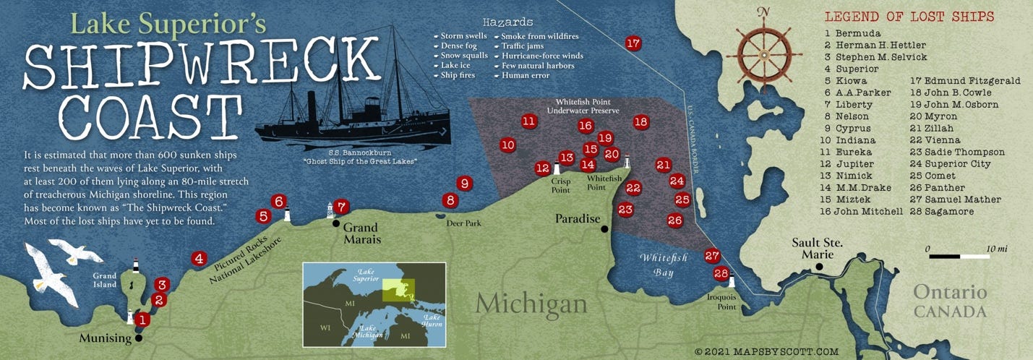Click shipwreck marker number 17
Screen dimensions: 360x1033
pyautogui.click(x=633, y=43)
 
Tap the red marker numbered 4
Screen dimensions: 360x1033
pyautogui.click(x=199, y=258)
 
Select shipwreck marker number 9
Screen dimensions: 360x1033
pyautogui.click(x=464, y=184)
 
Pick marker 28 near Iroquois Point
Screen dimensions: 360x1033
pyautogui.click(x=721, y=273)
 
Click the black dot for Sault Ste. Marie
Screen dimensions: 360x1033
pyautogui.click(x=819, y=267)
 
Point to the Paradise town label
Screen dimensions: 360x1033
pyautogui.click(x=578, y=218)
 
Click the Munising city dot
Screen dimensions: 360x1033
pyautogui.click(x=138, y=338)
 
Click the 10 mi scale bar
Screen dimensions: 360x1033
pyautogui.click(x=959, y=255)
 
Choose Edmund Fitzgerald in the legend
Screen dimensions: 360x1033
pyautogui.click(x=964, y=81)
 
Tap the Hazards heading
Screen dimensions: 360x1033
pyautogui.click(x=509, y=22)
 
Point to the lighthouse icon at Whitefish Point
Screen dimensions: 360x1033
pyautogui.click(x=627, y=162)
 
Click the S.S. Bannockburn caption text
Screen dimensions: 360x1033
pyautogui.click(x=353, y=156)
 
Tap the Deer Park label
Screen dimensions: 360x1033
pyautogui.click(x=463, y=223)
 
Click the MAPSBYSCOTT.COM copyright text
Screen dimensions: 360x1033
pyautogui.click(x=766, y=351)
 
